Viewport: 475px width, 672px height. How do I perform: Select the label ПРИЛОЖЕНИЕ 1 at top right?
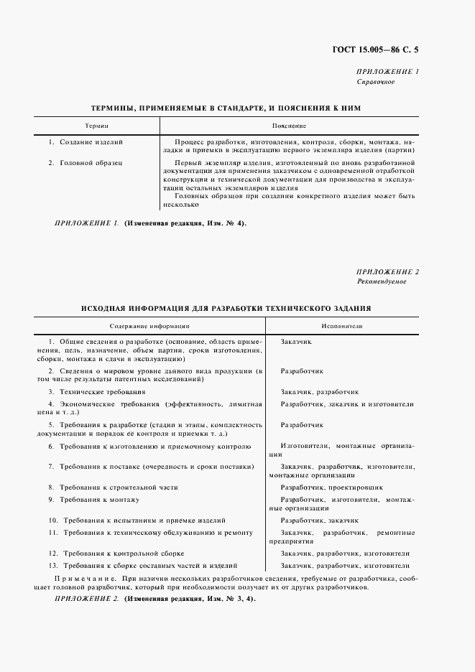388,72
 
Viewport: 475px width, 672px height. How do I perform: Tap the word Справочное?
376,82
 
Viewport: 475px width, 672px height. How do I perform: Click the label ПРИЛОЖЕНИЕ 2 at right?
388,271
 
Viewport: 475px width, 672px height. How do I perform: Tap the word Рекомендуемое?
382,281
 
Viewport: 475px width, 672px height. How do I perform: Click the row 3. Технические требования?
96,392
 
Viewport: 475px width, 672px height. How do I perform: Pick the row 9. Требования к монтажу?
93,499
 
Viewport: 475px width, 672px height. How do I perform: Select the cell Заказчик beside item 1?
296,342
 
